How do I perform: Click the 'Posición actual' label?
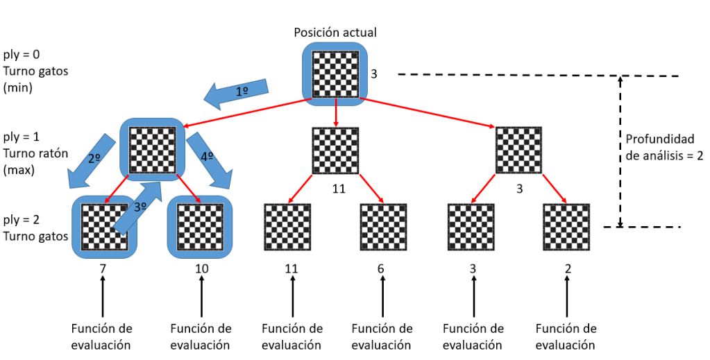(335, 33)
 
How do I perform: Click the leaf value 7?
(103, 268)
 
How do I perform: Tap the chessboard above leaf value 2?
(567, 227)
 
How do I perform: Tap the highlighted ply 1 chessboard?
(153, 148)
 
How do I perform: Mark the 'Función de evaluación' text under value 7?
(101, 336)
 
